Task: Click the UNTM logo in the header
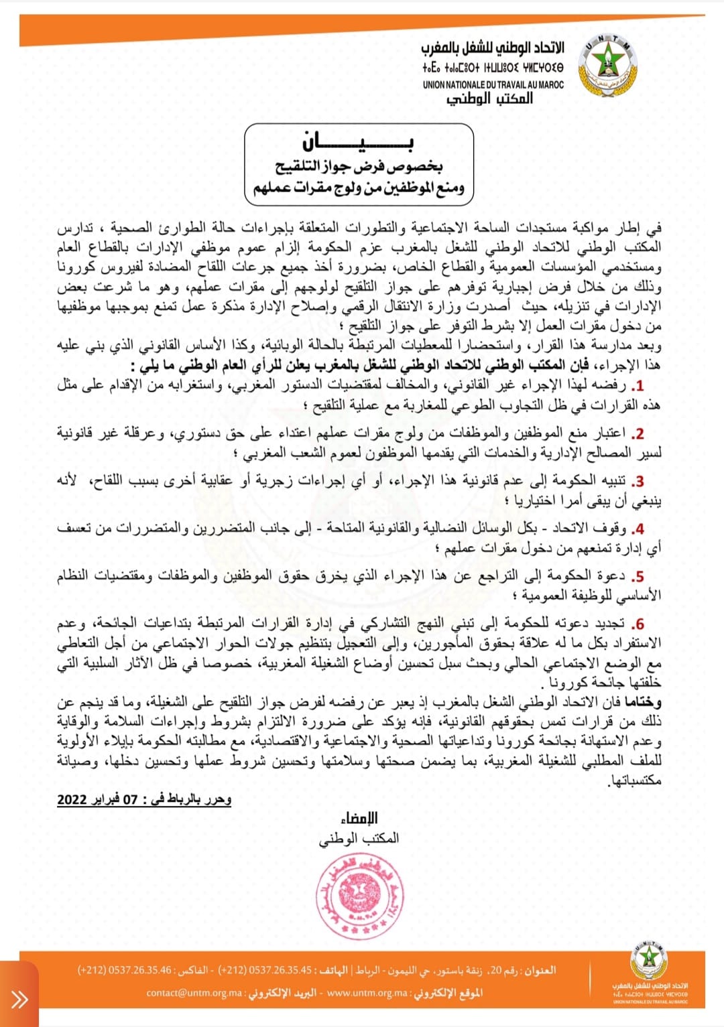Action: [607, 68]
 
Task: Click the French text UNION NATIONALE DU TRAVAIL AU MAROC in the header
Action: [493, 85]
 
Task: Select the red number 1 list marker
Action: [638, 386]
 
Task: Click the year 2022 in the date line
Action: [72, 799]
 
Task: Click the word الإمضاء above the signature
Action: [359, 818]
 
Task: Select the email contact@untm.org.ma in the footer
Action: [194, 993]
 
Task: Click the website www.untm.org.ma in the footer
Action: [365, 993]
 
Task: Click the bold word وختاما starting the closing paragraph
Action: [643, 702]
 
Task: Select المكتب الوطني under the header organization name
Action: [489, 99]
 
